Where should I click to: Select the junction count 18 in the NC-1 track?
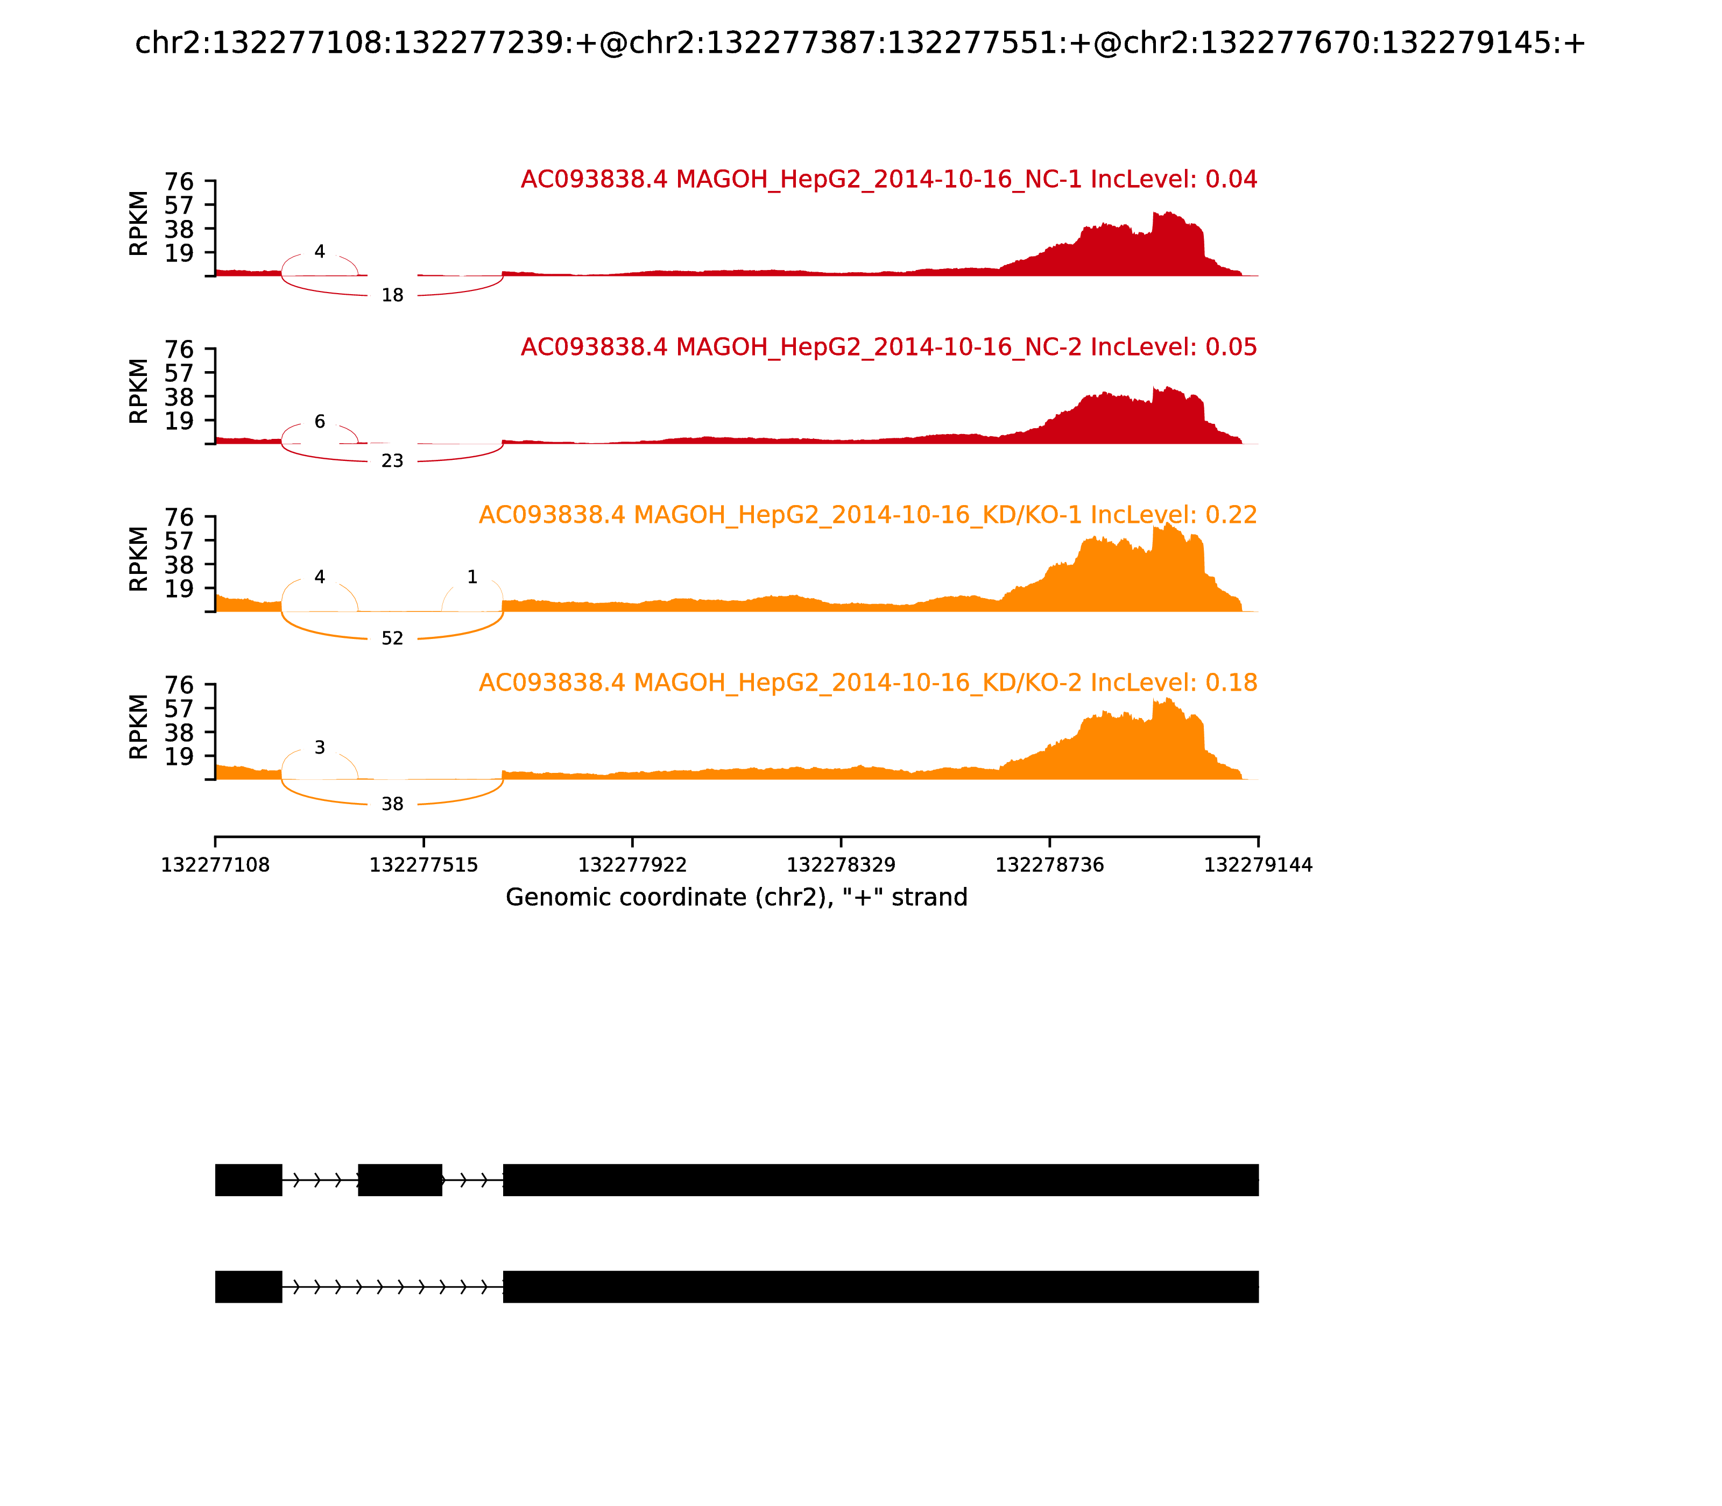coord(393,295)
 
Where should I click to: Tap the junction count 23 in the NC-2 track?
coord(393,460)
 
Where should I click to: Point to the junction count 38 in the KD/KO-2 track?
coord(393,804)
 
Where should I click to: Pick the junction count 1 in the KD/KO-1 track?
coord(472,577)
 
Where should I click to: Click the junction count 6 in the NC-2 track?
coord(320,422)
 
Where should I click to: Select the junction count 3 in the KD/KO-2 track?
coord(320,748)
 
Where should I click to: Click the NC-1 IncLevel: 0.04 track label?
coord(889,179)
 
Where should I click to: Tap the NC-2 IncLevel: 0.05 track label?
coord(889,347)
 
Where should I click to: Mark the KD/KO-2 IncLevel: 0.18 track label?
coord(867,683)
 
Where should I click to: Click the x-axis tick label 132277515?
coord(424,865)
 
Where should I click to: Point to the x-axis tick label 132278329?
coord(841,865)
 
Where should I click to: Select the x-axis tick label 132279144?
coord(1258,865)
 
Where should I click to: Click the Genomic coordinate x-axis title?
coord(737,898)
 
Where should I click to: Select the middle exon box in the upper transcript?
coord(400,1180)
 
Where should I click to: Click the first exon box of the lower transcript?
coord(248,1287)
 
